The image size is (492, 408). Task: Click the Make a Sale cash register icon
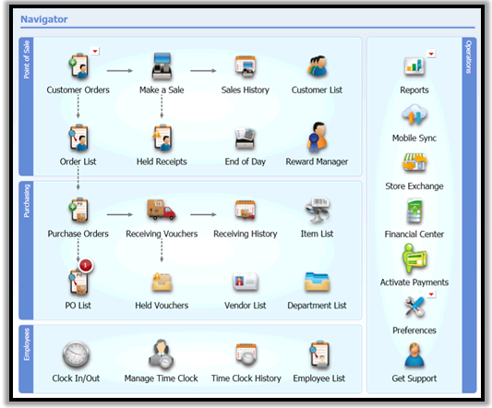point(162,66)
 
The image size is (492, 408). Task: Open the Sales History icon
point(246,66)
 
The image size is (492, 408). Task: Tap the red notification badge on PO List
point(85,265)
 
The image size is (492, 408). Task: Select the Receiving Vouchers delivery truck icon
point(162,210)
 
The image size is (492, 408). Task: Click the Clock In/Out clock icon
point(76,354)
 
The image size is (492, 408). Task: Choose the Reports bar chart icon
point(414,66)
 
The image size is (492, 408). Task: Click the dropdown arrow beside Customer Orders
point(95,51)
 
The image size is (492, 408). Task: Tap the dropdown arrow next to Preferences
point(431,294)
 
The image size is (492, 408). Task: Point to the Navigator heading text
point(44,19)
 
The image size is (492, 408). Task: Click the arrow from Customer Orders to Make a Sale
point(120,70)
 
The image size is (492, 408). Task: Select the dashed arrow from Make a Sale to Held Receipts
point(162,106)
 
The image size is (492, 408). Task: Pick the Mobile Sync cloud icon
point(414,114)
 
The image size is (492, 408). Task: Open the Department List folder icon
point(317,282)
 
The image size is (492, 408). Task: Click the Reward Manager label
point(317,162)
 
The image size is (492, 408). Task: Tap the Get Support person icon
point(414,355)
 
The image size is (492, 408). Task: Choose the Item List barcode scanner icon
point(317,210)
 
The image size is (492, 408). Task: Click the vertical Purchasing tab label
point(27,201)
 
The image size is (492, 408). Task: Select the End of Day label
point(246,162)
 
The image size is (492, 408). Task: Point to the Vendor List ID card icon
point(246,282)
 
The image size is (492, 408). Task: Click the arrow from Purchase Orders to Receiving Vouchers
point(120,215)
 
